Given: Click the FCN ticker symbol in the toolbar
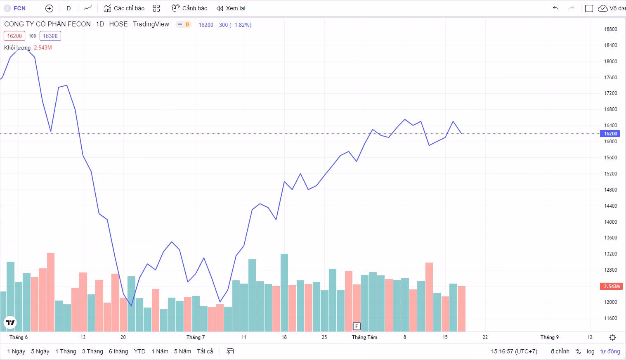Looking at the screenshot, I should (19, 8).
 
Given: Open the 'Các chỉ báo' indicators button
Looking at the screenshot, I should (124, 8).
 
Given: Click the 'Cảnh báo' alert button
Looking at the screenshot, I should (190, 8).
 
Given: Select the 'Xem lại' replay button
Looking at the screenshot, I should (231, 8).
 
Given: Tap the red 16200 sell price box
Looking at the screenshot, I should (14, 36).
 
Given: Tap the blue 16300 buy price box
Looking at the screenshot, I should (50, 36).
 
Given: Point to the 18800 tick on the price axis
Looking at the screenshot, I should (610, 29).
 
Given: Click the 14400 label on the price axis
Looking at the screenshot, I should (610, 206).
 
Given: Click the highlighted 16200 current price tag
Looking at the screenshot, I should (610, 134).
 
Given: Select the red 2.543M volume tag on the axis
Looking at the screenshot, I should (611, 286).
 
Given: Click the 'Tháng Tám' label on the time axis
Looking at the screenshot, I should (364, 337).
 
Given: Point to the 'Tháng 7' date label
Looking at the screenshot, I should (196, 337).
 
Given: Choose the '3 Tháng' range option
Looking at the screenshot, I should (92, 351).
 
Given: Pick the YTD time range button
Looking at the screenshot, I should (139, 351).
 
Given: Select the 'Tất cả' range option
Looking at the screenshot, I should (205, 351).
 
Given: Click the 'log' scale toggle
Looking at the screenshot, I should (591, 351).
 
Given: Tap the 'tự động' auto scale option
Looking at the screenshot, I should (610, 351).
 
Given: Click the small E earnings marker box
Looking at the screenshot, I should (357, 326).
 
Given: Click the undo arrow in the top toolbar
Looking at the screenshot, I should (555, 8).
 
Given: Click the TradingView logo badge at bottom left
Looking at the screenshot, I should (10, 322).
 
